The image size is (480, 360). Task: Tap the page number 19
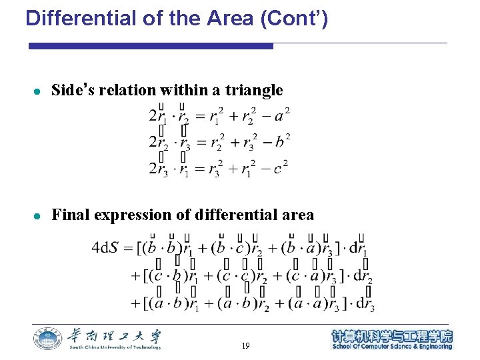(246, 346)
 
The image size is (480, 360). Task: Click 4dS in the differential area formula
(105, 248)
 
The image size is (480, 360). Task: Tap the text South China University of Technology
(115, 347)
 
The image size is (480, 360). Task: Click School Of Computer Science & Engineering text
(392, 347)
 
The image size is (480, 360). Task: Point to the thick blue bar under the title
(151, 46)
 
